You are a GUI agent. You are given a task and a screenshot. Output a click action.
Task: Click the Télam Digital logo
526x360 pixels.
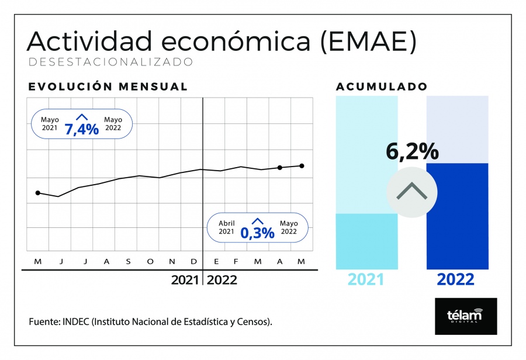tap(466, 316)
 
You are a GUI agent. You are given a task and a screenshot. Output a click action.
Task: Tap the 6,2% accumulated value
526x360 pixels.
tap(412, 151)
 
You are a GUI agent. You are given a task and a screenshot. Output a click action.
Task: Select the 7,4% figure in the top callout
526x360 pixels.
tap(82, 129)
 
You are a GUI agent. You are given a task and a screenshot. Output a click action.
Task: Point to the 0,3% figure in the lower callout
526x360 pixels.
tap(257, 233)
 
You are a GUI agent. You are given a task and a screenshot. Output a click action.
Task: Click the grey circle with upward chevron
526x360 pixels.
tap(412, 192)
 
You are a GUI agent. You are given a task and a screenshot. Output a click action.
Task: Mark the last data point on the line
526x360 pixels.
tap(302, 166)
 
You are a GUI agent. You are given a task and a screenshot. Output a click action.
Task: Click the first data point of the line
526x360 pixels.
tap(38, 193)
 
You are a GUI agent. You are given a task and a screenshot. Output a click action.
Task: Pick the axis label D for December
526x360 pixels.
tap(194, 262)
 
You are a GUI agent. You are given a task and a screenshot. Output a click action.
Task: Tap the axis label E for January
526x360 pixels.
tap(216, 262)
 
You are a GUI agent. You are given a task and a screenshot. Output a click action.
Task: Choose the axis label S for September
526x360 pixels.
tap(128, 262)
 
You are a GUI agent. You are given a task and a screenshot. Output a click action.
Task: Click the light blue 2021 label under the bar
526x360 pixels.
tap(366, 279)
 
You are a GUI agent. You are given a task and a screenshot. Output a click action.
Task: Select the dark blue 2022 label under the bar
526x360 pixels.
tap(455, 279)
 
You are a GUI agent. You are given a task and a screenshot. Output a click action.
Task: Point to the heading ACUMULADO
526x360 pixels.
tap(382, 86)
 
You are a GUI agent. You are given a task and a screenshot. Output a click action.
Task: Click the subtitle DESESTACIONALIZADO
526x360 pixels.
tap(111, 62)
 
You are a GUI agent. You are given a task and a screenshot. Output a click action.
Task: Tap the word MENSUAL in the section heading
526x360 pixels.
tap(153, 86)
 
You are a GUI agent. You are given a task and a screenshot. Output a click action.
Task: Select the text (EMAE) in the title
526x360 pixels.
tap(368, 41)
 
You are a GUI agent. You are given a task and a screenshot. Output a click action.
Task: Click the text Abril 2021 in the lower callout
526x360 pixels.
tap(226, 227)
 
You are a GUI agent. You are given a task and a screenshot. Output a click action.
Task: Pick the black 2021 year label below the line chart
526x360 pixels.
tap(185, 280)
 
